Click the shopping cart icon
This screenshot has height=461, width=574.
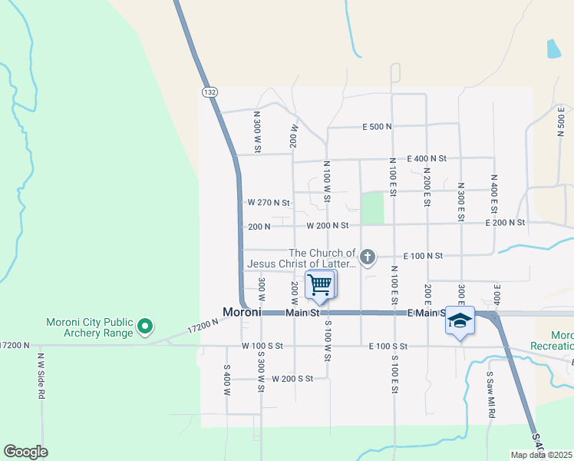[x=320, y=285]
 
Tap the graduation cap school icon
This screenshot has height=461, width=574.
[x=460, y=321]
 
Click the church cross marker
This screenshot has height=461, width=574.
[x=368, y=257]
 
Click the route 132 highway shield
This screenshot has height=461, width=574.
[x=209, y=92]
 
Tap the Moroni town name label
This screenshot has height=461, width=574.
[x=242, y=313]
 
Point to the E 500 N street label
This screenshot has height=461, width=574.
[x=377, y=127]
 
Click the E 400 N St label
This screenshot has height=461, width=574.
[x=427, y=158]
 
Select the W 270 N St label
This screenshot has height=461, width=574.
[x=269, y=203]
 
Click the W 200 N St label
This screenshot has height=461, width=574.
[x=328, y=226]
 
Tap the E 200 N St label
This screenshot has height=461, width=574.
[x=505, y=222]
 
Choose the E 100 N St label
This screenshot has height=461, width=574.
[x=424, y=255]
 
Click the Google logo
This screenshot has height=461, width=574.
[x=25, y=452]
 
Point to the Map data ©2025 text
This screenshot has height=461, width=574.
[x=541, y=455]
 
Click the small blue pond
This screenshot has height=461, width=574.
[x=553, y=49]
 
